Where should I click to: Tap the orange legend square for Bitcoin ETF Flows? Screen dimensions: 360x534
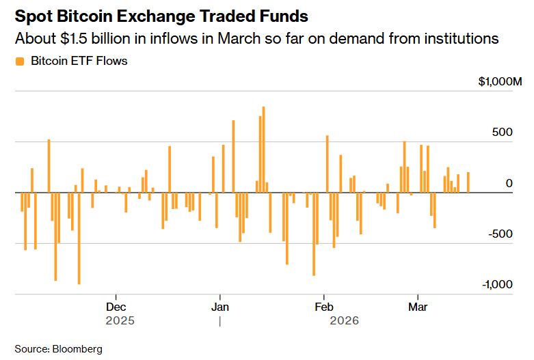19,61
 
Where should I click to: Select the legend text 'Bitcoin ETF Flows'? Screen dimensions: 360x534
79,61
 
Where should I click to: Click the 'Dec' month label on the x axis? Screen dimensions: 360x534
116,307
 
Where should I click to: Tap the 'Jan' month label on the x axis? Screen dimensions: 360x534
220,307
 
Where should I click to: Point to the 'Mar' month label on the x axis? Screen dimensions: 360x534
418,307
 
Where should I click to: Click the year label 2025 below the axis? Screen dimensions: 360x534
120,320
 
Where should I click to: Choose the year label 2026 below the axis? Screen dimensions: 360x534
344,320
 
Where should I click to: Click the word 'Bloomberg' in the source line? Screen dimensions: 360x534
77,349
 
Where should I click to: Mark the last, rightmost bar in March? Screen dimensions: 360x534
468,182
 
